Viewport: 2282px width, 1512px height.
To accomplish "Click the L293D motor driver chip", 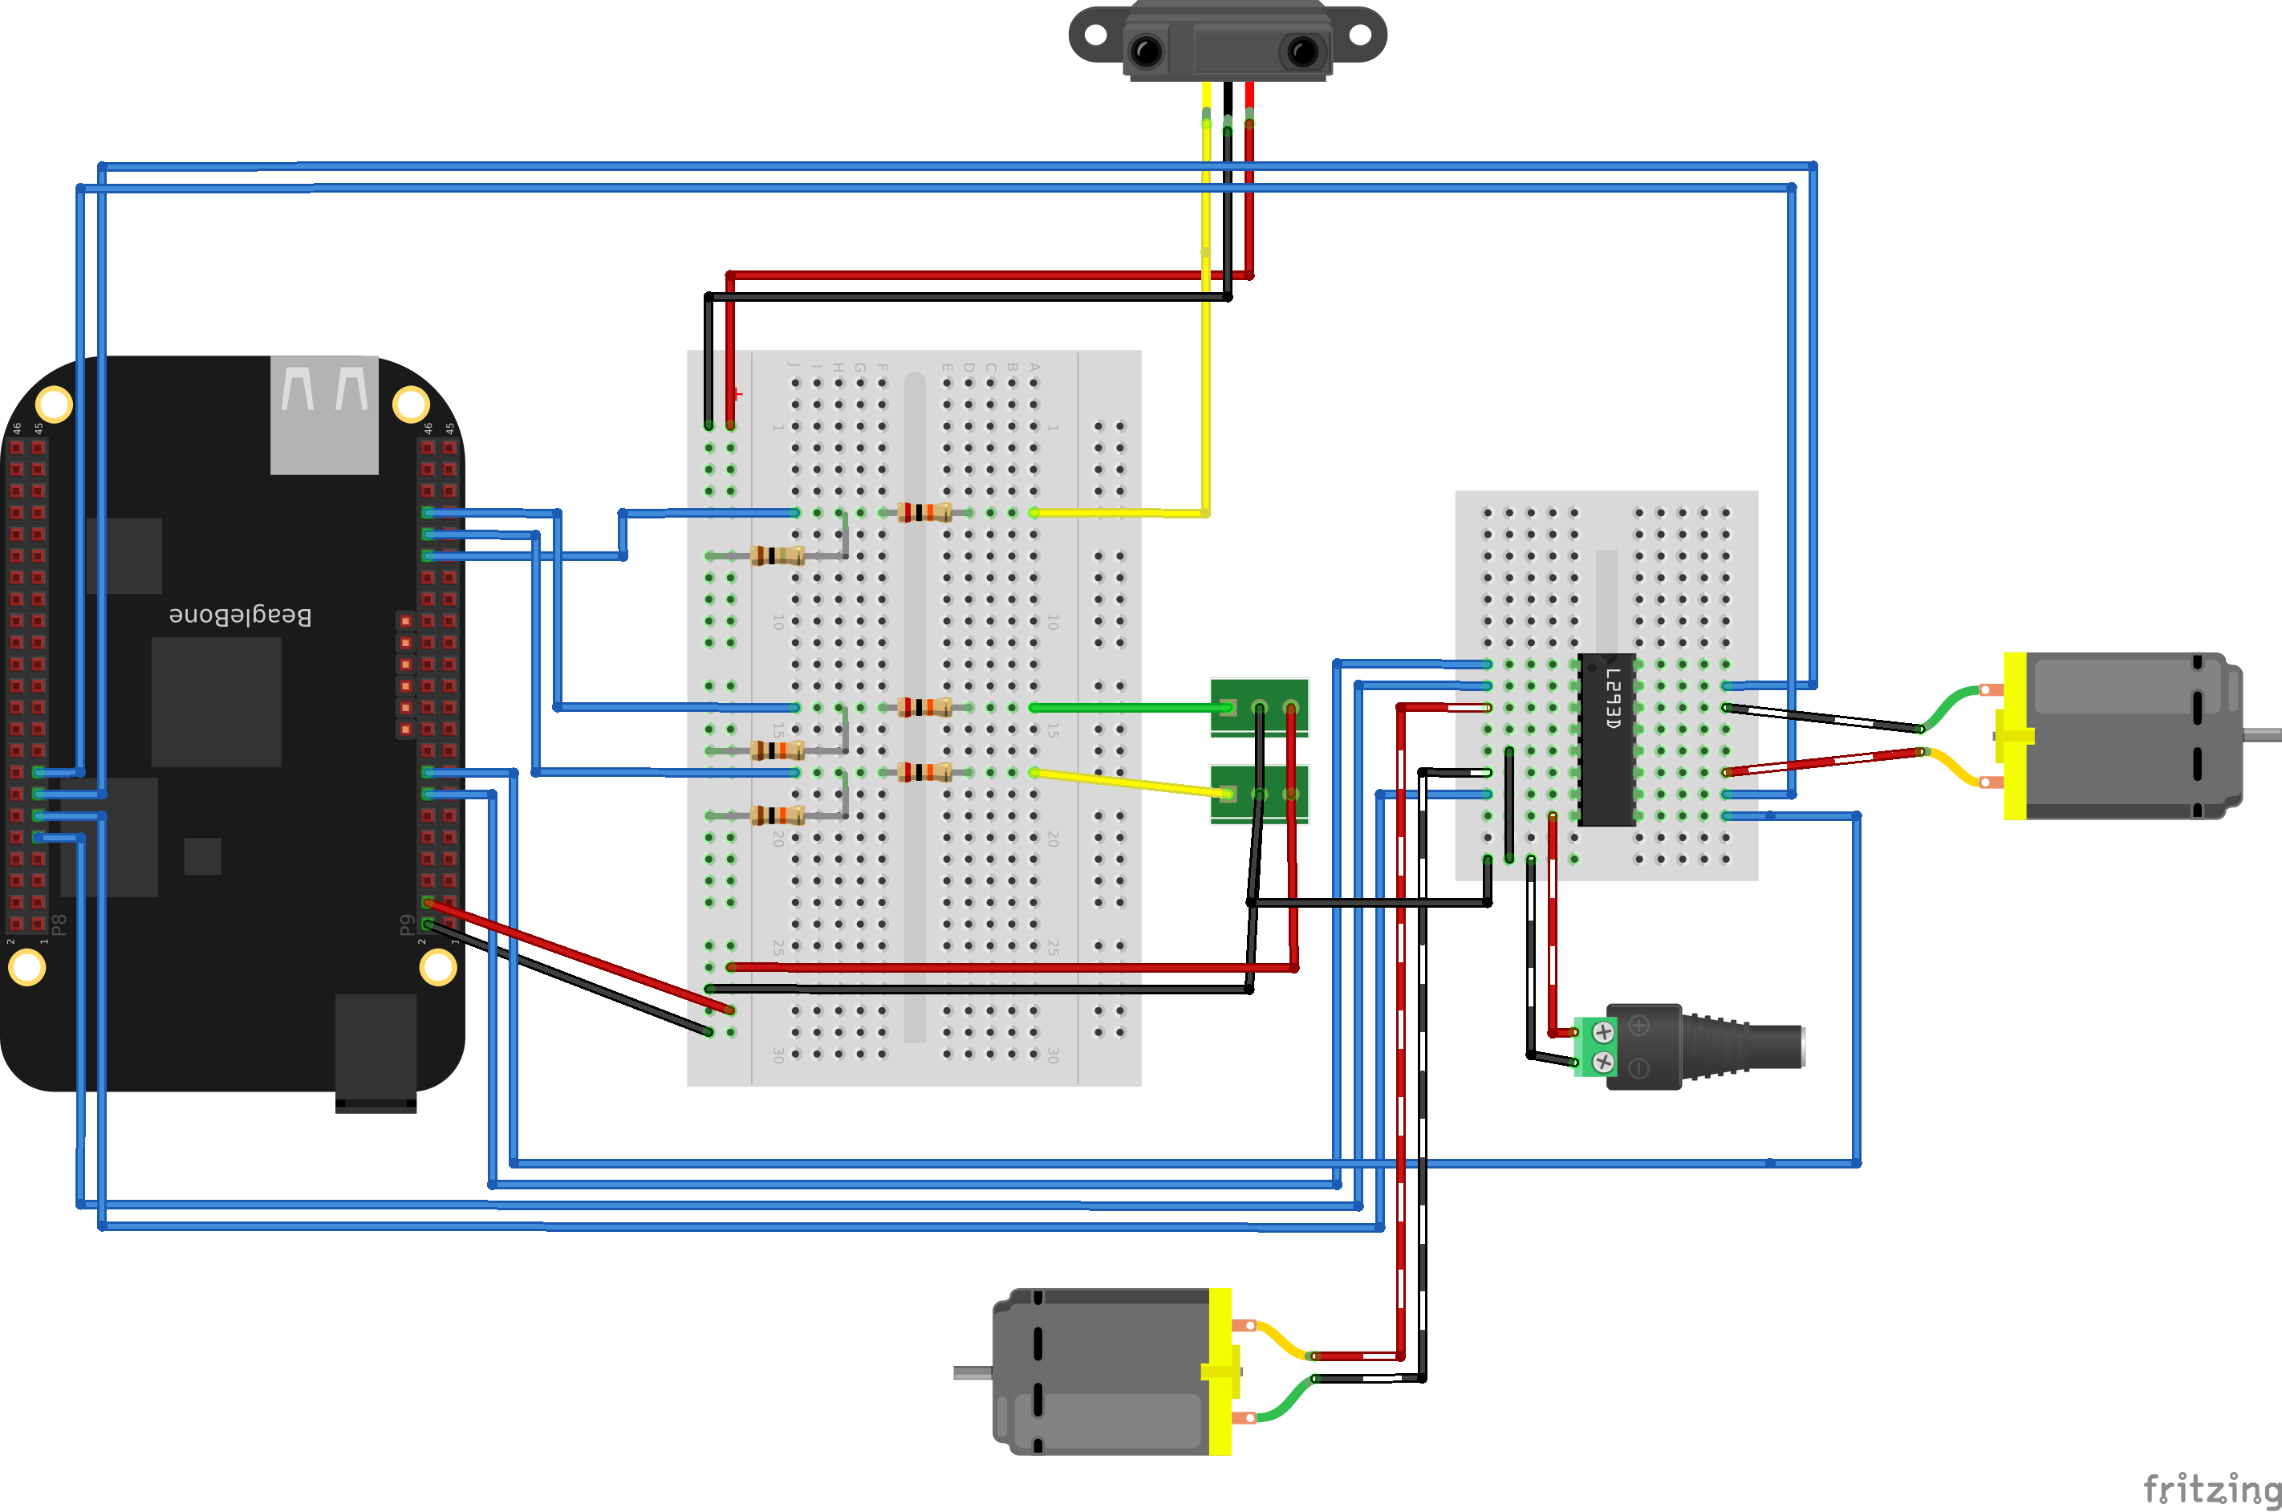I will click(x=1606, y=740).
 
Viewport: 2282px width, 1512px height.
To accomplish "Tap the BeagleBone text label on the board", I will click(x=240, y=616).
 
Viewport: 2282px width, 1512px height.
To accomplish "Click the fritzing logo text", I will click(x=2211, y=1489).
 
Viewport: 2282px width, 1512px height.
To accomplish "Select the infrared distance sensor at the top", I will click(x=1228, y=40).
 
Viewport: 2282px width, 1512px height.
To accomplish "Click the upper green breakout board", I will click(x=1259, y=707).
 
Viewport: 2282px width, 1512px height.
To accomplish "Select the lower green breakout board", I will click(x=1259, y=794).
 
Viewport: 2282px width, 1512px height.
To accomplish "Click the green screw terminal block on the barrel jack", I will click(x=1592, y=1047).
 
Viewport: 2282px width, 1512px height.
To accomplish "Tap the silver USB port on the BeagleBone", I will click(x=324, y=415).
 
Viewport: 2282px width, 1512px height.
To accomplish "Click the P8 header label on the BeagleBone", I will click(x=59, y=925).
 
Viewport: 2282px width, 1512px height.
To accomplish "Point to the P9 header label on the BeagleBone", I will click(x=407, y=925).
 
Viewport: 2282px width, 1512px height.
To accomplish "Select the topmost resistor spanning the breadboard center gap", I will click(x=924, y=512).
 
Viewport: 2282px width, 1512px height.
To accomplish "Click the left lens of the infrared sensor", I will click(x=1147, y=51).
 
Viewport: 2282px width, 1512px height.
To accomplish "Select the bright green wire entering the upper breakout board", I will click(x=1128, y=708).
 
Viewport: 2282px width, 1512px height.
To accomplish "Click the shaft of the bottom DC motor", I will click(x=972, y=1372).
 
